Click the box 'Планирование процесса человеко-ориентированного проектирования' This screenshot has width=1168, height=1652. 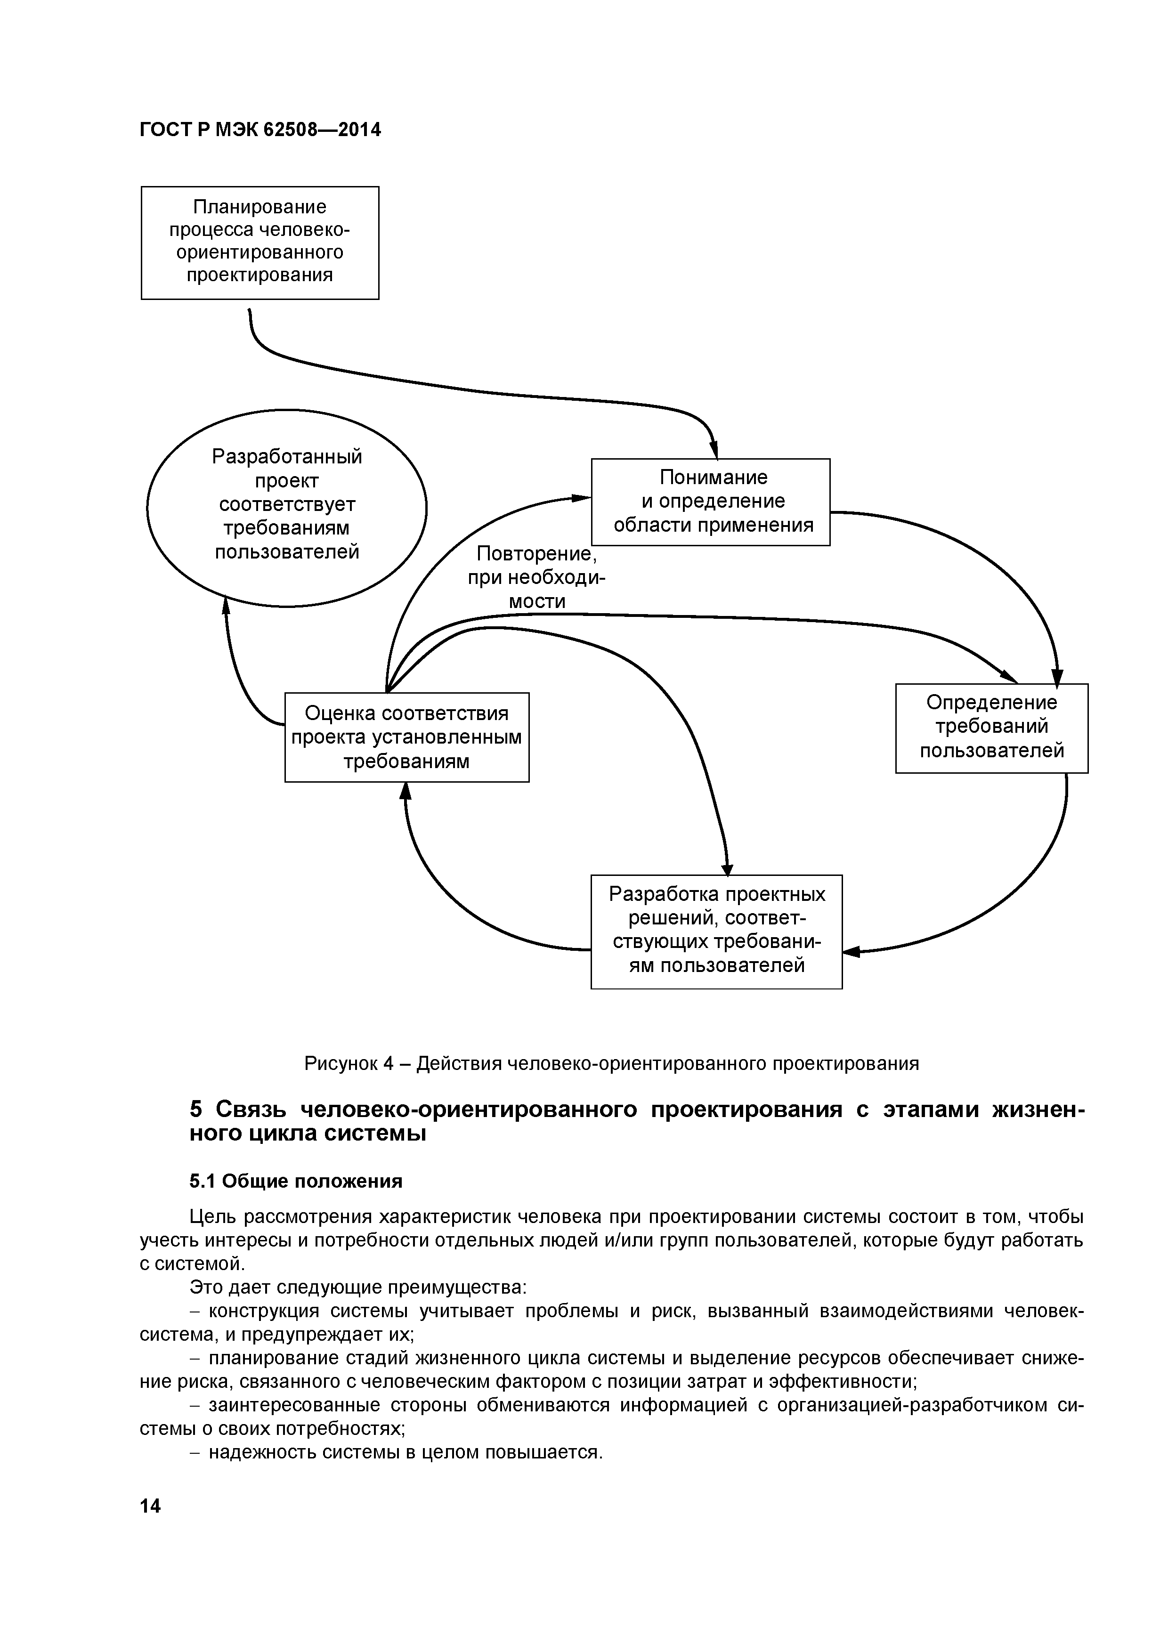(x=260, y=243)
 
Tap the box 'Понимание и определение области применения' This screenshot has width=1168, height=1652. (x=710, y=502)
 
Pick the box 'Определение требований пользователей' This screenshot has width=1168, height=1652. (x=991, y=728)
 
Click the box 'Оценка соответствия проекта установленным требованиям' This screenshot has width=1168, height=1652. (x=406, y=737)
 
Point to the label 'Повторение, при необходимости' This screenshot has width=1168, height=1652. (x=537, y=578)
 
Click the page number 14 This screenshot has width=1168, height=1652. (x=150, y=1506)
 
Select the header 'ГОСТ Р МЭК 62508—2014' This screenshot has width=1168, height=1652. (x=260, y=130)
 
